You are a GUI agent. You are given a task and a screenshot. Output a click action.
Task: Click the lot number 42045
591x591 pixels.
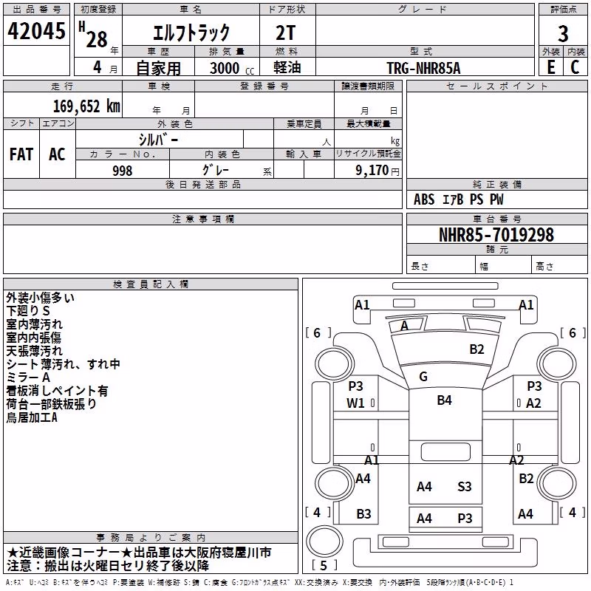(36, 31)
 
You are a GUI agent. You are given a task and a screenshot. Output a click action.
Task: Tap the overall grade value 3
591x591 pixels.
(563, 33)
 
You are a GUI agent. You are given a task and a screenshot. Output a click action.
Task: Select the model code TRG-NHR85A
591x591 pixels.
(423, 68)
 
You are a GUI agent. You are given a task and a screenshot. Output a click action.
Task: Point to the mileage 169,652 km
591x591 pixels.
(86, 106)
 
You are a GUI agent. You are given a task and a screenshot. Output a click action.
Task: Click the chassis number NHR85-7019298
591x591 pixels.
(496, 235)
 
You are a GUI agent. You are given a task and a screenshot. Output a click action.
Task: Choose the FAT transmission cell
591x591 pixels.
(21, 154)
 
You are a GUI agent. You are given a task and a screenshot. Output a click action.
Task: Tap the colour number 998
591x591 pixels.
(123, 171)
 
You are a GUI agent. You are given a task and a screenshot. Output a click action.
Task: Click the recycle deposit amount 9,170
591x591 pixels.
(372, 171)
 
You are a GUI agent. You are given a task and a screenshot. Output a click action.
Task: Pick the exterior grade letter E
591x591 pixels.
(551, 67)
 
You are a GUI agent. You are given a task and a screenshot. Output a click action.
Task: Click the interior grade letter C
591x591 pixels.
(575, 67)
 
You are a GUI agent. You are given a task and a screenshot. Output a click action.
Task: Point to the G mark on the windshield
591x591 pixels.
(423, 377)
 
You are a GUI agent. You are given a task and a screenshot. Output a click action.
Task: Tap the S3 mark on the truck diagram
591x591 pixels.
(465, 487)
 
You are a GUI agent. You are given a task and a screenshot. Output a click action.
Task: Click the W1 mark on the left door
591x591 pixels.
(355, 403)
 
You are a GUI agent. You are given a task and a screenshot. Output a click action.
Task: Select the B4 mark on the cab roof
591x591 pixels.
(445, 400)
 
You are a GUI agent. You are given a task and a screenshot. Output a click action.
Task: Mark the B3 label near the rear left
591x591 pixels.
(363, 513)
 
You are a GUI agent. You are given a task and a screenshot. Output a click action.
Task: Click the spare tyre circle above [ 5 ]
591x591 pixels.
(324, 541)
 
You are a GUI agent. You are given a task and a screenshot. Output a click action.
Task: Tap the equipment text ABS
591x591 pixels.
(424, 199)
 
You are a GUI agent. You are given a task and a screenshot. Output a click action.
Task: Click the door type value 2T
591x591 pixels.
(285, 33)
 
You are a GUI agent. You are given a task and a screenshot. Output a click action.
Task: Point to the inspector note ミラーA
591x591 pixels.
(28, 378)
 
